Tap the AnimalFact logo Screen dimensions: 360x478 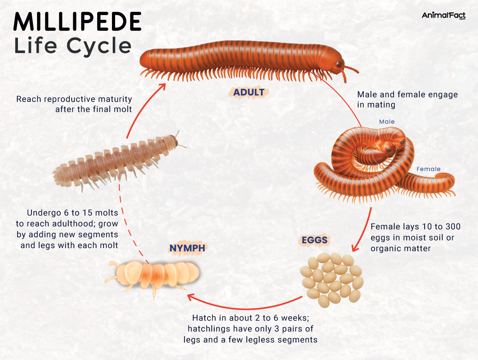(x=443, y=16)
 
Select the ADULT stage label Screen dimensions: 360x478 (x=249, y=93)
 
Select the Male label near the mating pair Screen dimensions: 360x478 (x=386, y=121)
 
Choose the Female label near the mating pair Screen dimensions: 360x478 (x=428, y=169)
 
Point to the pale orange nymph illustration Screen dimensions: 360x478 (x=155, y=275)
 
